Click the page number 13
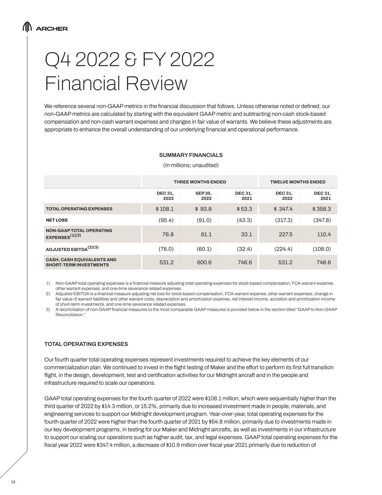(x=13, y=482)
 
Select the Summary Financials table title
(x=191, y=155)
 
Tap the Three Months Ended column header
(x=200, y=182)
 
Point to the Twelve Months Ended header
(x=298, y=182)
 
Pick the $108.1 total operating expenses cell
(x=165, y=209)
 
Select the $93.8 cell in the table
(x=203, y=209)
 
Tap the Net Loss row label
(x=56, y=220)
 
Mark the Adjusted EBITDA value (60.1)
(x=204, y=249)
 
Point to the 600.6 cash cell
(x=204, y=262)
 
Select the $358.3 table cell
(x=322, y=209)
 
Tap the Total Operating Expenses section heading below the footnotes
(x=86, y=344)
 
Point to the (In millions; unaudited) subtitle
(x=191, y=165)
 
